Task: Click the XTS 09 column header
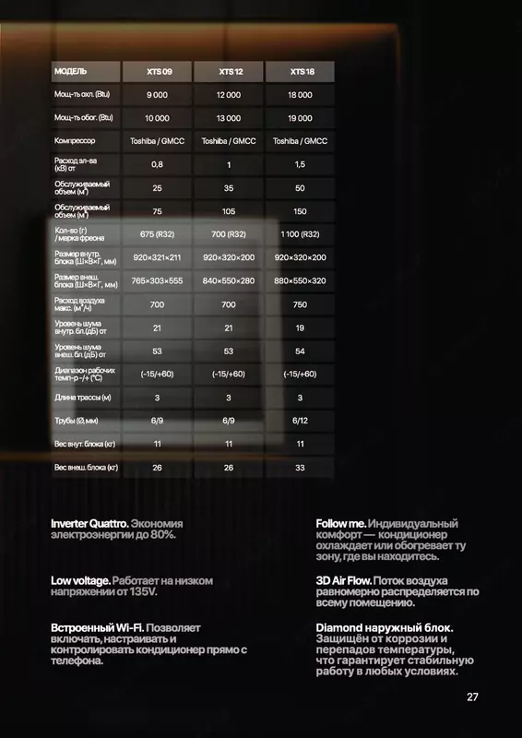click(x=157, y=71)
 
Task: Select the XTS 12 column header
click(x=228, y=71)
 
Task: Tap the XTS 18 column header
click(x=300, y=71)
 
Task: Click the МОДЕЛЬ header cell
click(x=71, y=71)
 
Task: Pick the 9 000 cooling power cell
click(x=157, y=95)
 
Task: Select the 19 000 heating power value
click(x=300, y=118)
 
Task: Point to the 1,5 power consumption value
click(x=300, y=164)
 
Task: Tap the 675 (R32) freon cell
click(x=157, y=234)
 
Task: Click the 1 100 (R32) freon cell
click(x=300, y=234)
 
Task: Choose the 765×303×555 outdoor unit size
click(x=157, y=280)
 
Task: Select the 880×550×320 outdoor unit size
click(x=300, y=280)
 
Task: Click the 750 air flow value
click(x=300, y=304)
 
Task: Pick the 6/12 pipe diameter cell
click(x=300, y=421)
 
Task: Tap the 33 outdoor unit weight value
click(x=300, y=467)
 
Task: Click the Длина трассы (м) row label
click(x=83, y=398)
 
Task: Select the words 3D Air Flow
click(x=344, y=580)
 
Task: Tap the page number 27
click(x=472, y=696)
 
